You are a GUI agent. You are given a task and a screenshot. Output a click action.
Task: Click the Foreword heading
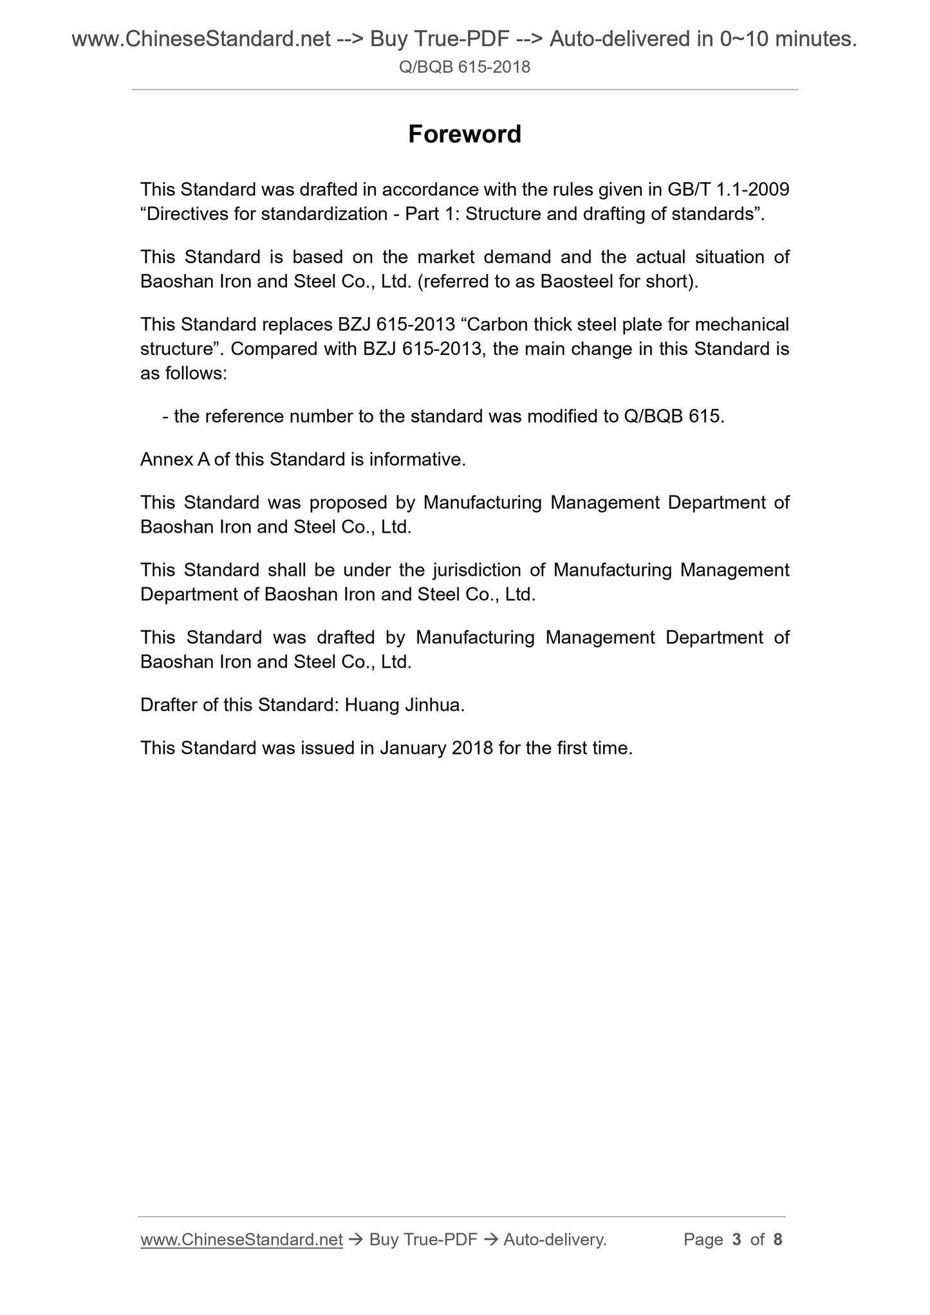pyautogui.click(x=465, y=134)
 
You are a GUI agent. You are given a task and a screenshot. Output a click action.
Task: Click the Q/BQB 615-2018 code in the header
pyautogui.click(x=465, y=67)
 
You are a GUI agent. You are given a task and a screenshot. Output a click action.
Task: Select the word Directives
pyautogui.click(x=187, y=214)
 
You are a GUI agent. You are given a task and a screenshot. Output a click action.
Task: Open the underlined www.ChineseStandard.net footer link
pyautogui.click(x=241, y=1240)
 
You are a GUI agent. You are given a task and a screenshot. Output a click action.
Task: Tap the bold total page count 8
pyautogui.click(x=777, y=1240)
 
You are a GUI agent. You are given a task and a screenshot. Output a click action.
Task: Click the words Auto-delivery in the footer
pyautogui.click(x=554, y=1240)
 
